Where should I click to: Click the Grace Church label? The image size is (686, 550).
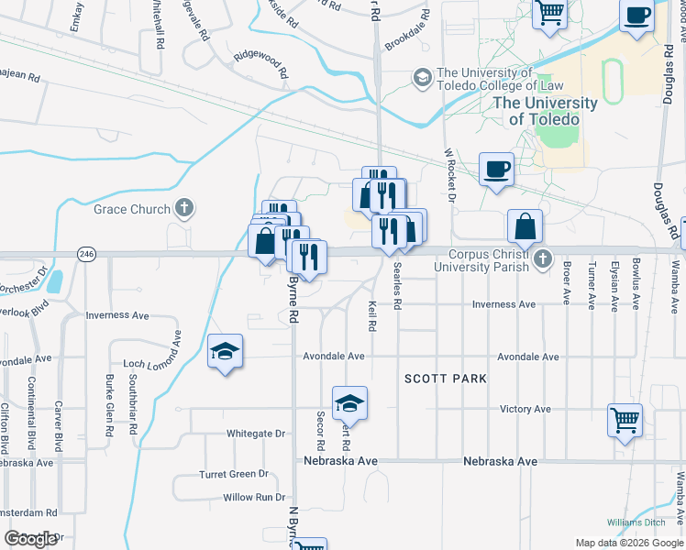pyautogui.click(x=132, y=209)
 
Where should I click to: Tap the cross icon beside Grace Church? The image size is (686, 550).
pyautogui.click(x=183, y=208)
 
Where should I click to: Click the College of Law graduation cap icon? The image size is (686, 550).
pyautogui.click(x=422, y=79)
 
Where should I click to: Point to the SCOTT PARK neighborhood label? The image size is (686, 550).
pyautogui.click(x=446, y=379)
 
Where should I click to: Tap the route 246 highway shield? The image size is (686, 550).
pyautogui.click(x=86, y=254)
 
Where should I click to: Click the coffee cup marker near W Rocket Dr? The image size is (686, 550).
pyautogui.click(x=496, y=169)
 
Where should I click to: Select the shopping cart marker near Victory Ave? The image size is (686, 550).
pyautogui.click(x=625, y=421)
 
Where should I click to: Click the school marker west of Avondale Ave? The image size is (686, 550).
pyautogui.click(x=225, y=351)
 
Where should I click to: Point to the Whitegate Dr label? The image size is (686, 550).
pyautogui.click(x=256, y=434)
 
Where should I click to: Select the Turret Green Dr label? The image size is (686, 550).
pyautogui.click(x=233, y=475)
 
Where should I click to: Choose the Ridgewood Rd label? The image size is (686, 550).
pyautogui.click(x=261, y=62)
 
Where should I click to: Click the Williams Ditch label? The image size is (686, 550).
pyautogui.click(x=636, y=522)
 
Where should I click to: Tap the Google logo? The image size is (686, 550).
pyautogui.click(x=31, y=539)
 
